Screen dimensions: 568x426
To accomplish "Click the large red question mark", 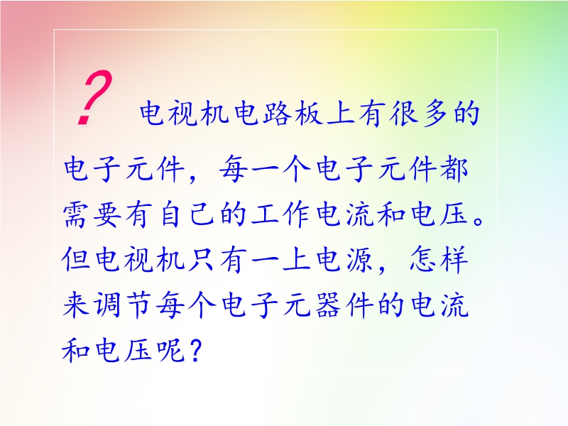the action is coord(95,98).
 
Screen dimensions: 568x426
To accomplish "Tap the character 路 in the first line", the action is coord(278,113).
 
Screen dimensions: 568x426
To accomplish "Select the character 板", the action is coord(310,113).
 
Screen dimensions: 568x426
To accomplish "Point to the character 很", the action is coord(404,113).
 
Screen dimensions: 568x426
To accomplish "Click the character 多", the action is coord(435,113).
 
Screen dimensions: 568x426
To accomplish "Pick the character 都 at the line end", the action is coord(454,169).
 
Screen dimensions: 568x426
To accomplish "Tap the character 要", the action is coord(108,214).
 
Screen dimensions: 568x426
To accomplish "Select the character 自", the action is coord(170,214).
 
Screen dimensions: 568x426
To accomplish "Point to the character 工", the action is coord(265,214).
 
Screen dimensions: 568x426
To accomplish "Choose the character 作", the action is coord(296,214).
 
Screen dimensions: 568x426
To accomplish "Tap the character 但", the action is coord(77,259).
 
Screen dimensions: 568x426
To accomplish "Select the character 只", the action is coord(202,259).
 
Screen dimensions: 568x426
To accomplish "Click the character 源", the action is coord(359,259).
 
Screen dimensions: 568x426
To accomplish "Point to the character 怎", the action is coord(423,258).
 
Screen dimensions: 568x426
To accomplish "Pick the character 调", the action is coord(108,305).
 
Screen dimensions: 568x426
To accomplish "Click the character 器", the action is coord(328,305).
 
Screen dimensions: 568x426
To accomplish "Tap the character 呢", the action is coord(170,350).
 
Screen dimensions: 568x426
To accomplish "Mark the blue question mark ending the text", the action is coord(195,351).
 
